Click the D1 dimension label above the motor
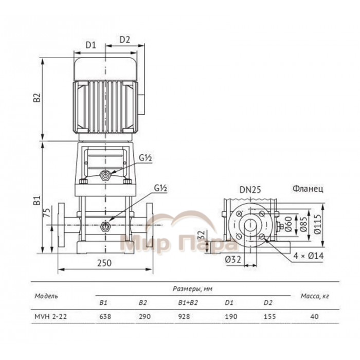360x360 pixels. coord(91,45)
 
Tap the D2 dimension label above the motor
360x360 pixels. coord(124,40)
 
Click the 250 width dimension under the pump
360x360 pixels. coord(104,263)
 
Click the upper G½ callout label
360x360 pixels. coord(146,158)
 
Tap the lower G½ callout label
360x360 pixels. coord(160,188)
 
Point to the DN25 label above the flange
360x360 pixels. coord(250,190)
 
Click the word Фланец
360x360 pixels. coord(308,189)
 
